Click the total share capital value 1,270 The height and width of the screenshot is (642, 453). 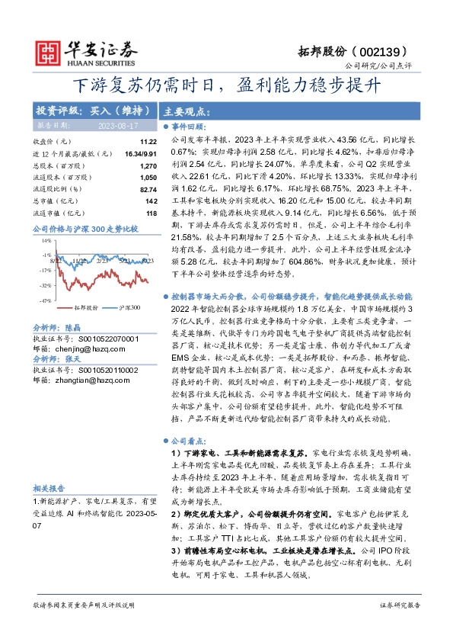tap(148, 165)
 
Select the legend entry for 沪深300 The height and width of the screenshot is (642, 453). tap(127, 307)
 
